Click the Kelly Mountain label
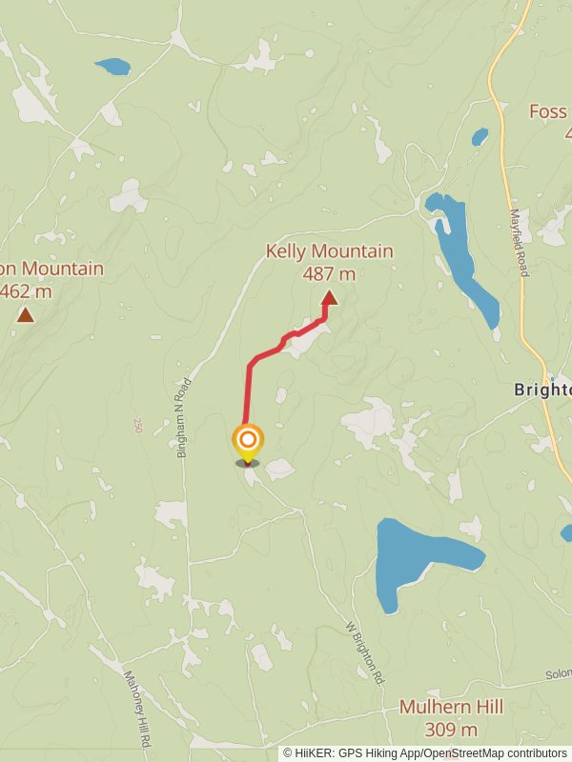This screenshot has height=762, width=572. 329,251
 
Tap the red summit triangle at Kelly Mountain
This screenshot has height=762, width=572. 329,298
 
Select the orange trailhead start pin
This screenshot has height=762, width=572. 248,441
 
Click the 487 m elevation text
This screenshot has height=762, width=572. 329,274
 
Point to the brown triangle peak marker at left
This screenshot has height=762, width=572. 25,313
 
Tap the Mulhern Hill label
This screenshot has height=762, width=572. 451,708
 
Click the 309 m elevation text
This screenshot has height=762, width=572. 451,731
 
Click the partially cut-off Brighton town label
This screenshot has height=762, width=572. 542,390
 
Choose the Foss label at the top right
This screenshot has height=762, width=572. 548,111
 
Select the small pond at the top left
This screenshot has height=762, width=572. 112,67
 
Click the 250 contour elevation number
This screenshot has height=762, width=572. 138,425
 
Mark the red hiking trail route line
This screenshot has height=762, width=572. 250,391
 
